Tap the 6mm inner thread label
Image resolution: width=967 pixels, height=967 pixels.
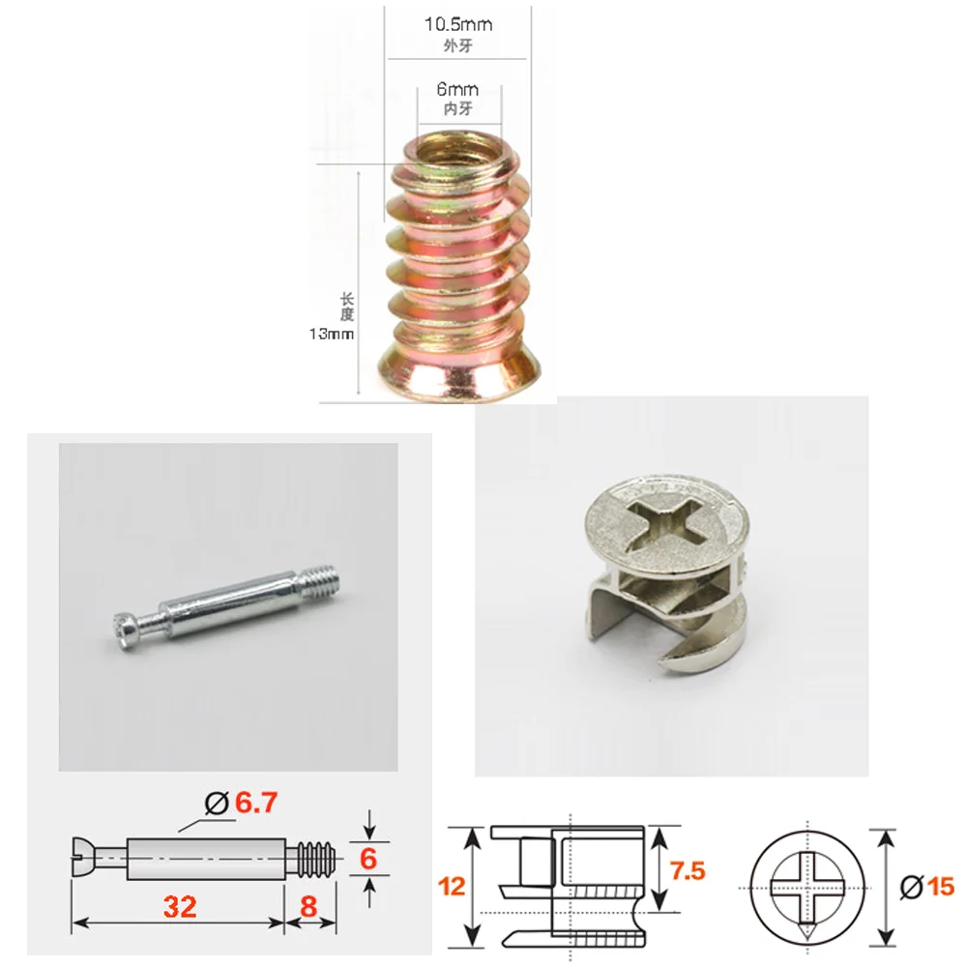[x=457, y=90]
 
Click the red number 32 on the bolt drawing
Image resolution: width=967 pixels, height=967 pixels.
[x=180, y=906]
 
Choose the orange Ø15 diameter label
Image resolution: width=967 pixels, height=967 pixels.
[x=926, y=885]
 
